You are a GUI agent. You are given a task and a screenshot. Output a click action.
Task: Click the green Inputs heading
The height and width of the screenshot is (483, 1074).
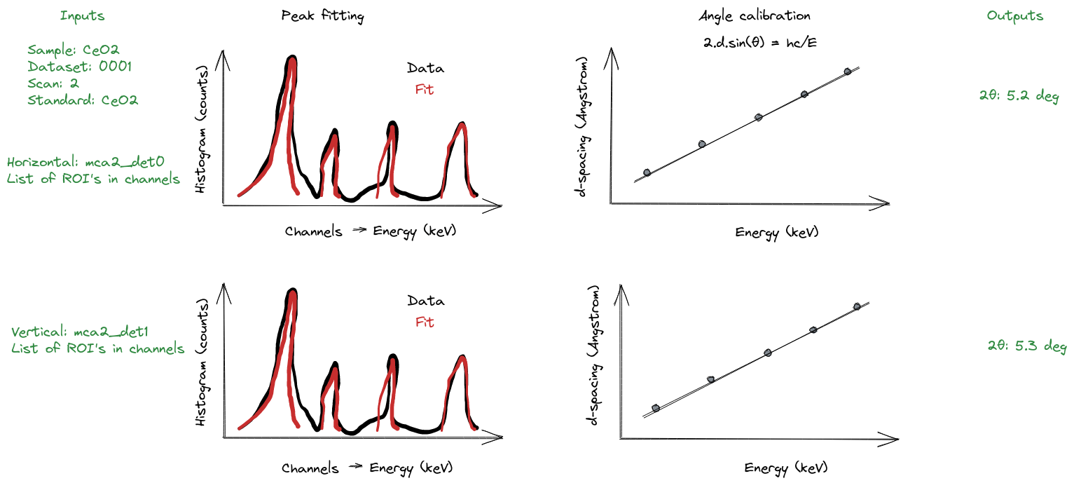pos(83,15)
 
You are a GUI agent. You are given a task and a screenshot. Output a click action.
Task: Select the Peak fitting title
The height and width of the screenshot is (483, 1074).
pos(322,16)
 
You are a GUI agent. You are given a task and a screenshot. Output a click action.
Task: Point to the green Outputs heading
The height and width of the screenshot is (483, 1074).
pos(1014,15)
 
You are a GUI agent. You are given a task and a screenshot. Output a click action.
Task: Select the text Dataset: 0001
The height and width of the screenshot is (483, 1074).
pos(79,67)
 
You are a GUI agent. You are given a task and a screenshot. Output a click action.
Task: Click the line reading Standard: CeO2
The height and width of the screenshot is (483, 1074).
pos(83,100)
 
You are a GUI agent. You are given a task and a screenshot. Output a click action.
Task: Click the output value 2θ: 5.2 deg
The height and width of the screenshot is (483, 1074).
pos(1018,96)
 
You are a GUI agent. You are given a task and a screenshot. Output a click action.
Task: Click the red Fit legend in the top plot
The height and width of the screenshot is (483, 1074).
pos(425,90)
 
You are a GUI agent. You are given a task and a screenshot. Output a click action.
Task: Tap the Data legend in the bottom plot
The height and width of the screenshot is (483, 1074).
pos(425,301)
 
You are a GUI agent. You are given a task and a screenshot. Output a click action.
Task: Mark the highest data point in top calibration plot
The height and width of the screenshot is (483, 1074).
pos(848,72)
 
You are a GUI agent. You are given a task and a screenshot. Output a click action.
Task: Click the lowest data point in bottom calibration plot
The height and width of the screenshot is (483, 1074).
pos(656,407)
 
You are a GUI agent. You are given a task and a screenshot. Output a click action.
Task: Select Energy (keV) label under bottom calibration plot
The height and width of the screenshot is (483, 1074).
pos(785,468)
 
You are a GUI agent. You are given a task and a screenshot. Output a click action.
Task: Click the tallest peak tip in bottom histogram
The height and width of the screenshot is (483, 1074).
pos(293,291)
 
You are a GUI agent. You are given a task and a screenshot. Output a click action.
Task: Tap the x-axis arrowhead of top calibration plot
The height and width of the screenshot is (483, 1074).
pos(886,204)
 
